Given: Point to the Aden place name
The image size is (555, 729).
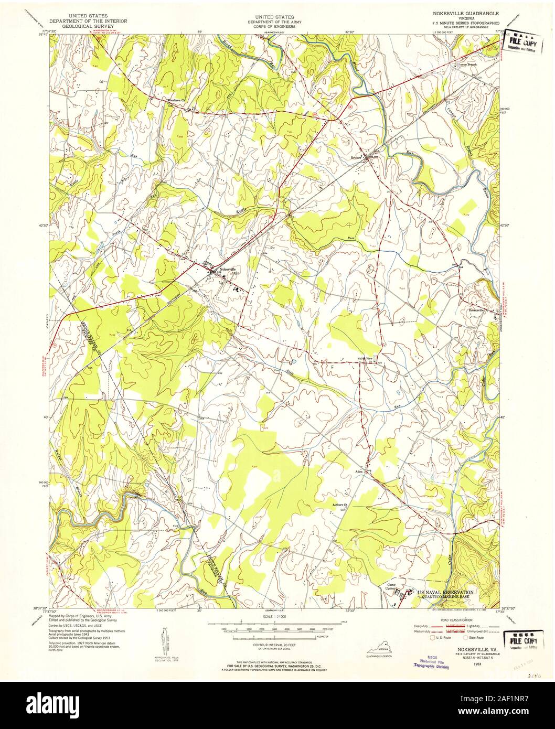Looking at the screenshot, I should click(359, 471).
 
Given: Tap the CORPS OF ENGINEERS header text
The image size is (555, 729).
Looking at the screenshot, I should click(277, 24).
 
